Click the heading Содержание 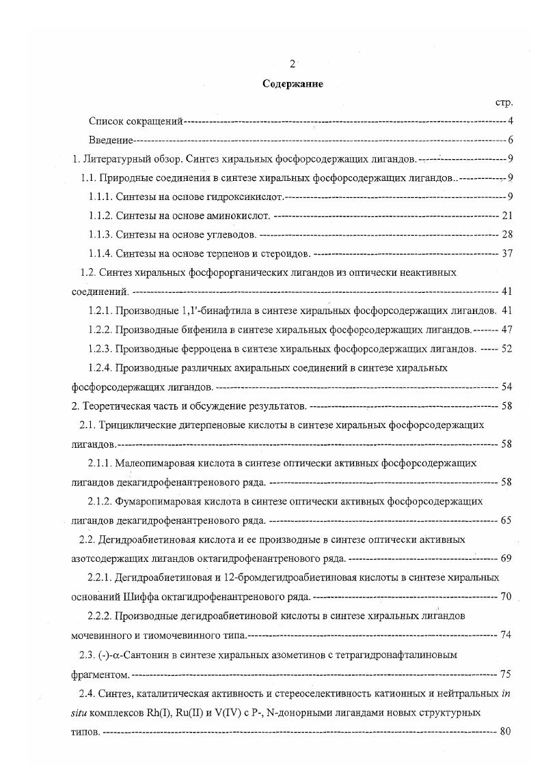coord(293,84)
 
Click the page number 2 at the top coord(292,64)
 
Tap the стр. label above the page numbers coord(504,102)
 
